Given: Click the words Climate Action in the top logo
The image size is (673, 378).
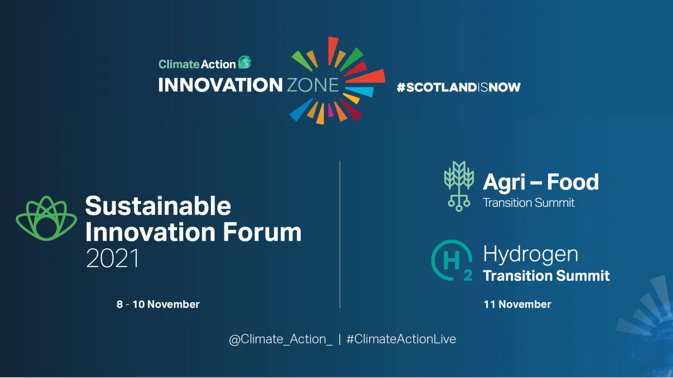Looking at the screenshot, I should tap(197, 64).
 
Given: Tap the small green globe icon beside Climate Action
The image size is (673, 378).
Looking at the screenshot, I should tap(244, 63).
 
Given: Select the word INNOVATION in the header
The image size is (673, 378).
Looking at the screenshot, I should tap(220, 85).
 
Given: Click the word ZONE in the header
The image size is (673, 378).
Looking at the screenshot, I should tap(312, 85).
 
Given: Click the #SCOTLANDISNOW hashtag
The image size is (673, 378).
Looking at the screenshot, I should tap(458, 87).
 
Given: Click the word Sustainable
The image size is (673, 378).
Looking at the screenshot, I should tap(158, 206).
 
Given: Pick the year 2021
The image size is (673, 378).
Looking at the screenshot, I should tap(113, 258).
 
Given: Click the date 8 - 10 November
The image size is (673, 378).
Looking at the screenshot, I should tap(158, 304).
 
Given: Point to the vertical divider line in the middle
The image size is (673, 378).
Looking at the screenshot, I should tap(340, 234).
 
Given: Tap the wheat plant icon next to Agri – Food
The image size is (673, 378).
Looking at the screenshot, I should tap(459, 186).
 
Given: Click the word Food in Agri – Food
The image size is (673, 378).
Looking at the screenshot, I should tap(573, 182).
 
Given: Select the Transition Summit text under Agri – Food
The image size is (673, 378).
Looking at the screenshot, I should tap(528, 203).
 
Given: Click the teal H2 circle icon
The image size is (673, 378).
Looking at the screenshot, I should tap(451, 260).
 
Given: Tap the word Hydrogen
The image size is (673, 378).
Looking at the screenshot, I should tap(530, 255).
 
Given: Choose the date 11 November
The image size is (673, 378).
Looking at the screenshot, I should tap(517, 304).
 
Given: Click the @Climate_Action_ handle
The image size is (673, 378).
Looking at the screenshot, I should tap(281, 340).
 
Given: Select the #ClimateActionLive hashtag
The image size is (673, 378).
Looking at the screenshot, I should tap(401, 340).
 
